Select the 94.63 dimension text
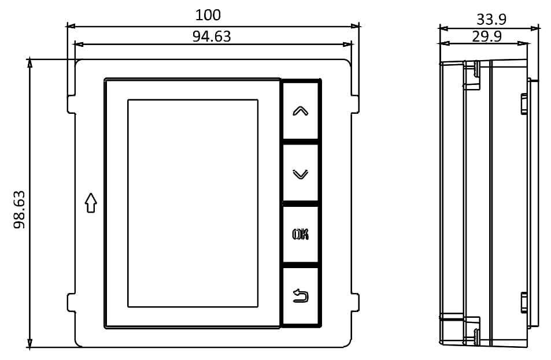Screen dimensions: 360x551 (x=211, y=36)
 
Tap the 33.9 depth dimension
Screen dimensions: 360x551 (x=491, y=19)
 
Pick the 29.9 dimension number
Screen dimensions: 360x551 (x=486, y=36)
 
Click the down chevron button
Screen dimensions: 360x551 (x=301, y=173)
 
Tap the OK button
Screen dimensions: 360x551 (x=301, y=235)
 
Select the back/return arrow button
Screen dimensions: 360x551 (x=301, y=296)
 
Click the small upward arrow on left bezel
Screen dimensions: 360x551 (x=90, y=203)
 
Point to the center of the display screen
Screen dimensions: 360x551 (x=193, y=203)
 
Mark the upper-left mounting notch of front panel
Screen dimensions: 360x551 (x=72, y=103)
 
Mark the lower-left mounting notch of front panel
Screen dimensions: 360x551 (x=72, y=302)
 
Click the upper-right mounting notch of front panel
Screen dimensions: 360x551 (x=355, y=103)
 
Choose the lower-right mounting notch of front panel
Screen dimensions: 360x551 (x=355, y=302)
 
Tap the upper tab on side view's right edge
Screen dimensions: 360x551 (x=524, y=104)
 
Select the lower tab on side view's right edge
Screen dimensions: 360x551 (x=524, y=302)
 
